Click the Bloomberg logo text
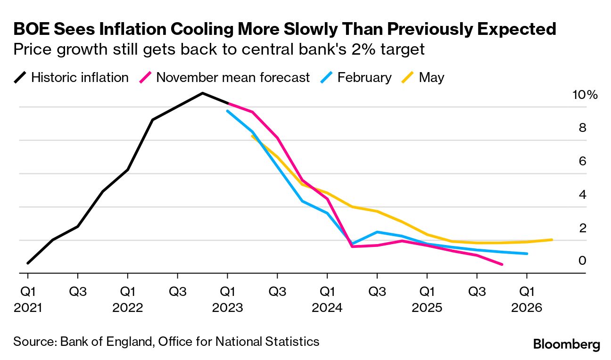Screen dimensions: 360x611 click(x=566, y=344)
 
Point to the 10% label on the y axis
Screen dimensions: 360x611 click(x=585, y=95)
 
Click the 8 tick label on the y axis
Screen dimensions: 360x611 click(x=582, y=128)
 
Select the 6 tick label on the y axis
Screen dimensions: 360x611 click(x=582, y=161)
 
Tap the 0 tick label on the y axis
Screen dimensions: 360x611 click(x=582, y=261)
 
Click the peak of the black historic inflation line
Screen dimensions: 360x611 click(x=203, y=93)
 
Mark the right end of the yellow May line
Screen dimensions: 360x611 click(x=552, y=239)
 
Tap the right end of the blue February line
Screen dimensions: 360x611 click(x=527, y=254)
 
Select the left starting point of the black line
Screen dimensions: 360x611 click(x=28, y=263)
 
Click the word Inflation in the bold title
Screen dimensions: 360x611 click(x=121, y=29)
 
